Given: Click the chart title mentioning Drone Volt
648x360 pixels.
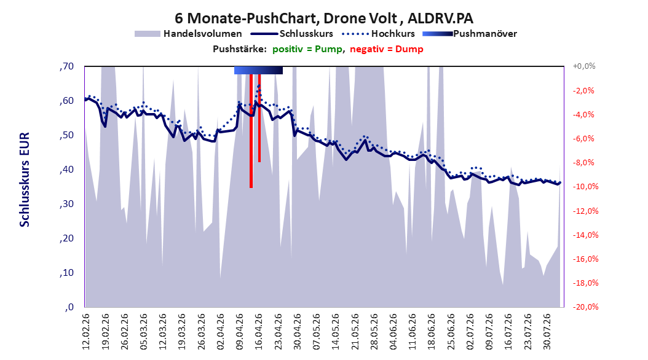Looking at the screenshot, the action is pos(324,18).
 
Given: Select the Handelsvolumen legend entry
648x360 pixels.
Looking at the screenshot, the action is pos(189,34).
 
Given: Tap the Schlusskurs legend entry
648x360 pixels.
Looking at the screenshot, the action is pos(292,34).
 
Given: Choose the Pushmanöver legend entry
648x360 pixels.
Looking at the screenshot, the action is pos(470,34).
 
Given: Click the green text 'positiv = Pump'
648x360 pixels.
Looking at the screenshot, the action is pos(307,49).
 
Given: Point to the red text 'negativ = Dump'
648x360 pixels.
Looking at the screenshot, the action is pos(387,49).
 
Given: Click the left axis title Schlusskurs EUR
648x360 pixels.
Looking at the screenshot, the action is pos(25,179).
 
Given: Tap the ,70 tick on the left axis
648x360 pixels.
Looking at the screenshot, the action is pos(66,66).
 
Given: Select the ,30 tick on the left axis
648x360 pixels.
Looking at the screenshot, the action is pos(66,204).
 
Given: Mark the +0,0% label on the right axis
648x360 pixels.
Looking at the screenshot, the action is pos(583,66).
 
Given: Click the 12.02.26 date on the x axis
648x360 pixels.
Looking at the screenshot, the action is pos(85,332).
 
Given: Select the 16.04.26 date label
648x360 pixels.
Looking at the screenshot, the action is pos(258,332).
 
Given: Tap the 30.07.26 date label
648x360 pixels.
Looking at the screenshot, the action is pos(547,332).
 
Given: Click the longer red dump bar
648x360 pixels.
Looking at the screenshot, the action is pos(251,131).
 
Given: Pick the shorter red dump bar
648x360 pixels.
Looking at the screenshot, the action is pos(259,118).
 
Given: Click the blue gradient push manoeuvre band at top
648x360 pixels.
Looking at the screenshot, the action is pos(258,70).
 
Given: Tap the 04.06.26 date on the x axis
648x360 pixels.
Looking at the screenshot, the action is pos(393,332).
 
